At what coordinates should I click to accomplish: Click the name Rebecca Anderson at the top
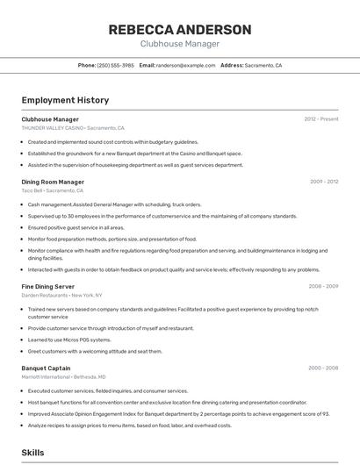point(179,30)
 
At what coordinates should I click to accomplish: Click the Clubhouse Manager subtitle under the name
point(179,44)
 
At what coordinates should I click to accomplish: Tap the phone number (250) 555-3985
point(116,66)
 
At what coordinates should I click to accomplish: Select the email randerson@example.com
point(185,66)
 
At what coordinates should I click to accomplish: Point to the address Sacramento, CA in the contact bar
point(263,66)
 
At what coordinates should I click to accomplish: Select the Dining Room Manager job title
point(53,182)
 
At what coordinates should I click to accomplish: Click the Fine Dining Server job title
point(48,286)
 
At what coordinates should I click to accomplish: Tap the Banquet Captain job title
point(46,368)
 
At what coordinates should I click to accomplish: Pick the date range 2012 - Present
point(321,119)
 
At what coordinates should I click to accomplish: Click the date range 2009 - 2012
point(324,182)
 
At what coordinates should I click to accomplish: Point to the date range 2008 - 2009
point(323,286)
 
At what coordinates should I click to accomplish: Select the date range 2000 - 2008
point(323,368)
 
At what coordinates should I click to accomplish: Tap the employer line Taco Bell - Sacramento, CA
point(53,190)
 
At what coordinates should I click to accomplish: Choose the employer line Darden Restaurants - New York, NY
point(62,295)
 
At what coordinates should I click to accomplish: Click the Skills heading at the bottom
point(33,453)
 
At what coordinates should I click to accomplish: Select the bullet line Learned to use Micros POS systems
point(69,340)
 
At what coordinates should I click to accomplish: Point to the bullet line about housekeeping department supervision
point(135,165)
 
